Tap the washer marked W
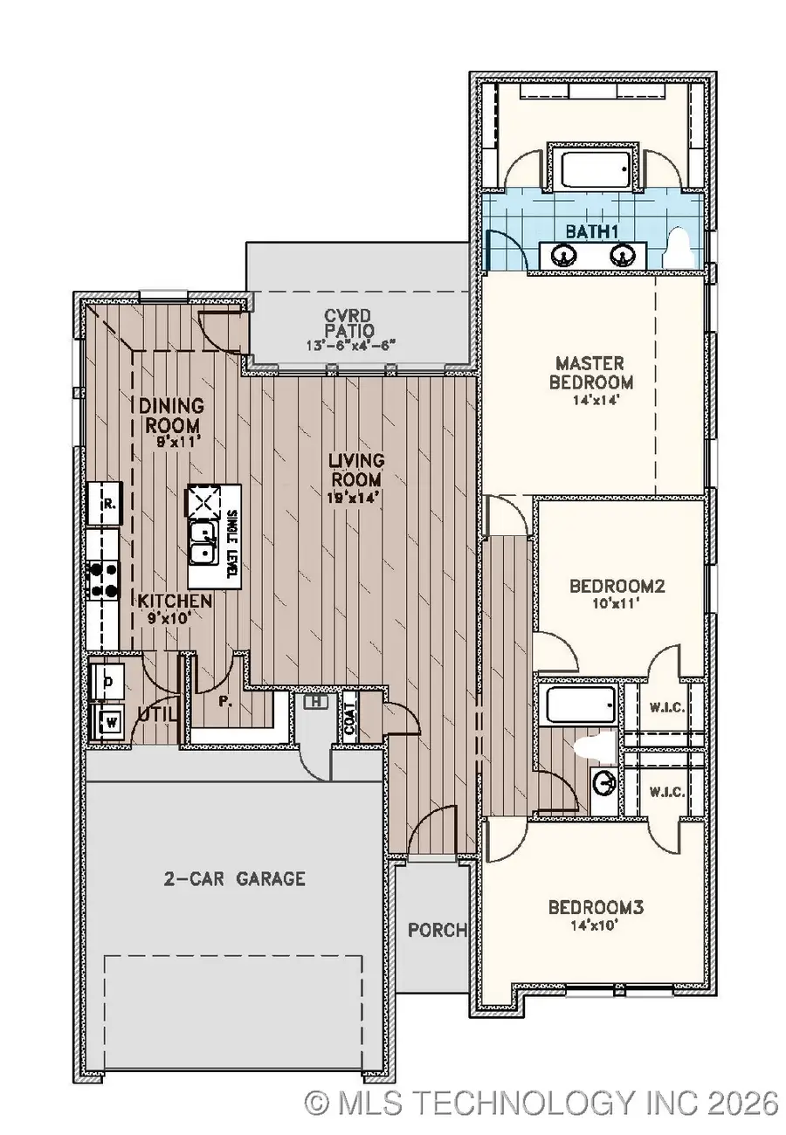[111, 721]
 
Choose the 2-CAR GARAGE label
[236, 878]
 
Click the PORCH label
[438, 930]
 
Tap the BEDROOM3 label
[596, 908]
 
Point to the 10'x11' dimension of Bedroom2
[617, 602]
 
